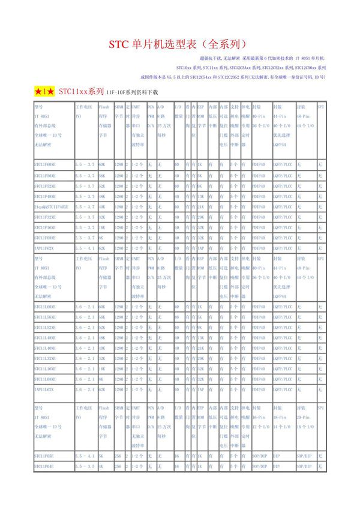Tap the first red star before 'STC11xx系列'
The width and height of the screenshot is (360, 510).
(39, 91)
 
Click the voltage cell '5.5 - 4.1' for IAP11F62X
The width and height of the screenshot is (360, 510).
(85, 248)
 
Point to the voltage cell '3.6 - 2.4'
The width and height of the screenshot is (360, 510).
(85, 390)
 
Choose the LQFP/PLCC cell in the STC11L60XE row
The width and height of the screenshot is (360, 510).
(283, 306)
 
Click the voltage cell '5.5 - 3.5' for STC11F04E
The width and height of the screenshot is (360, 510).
(85, 466)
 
